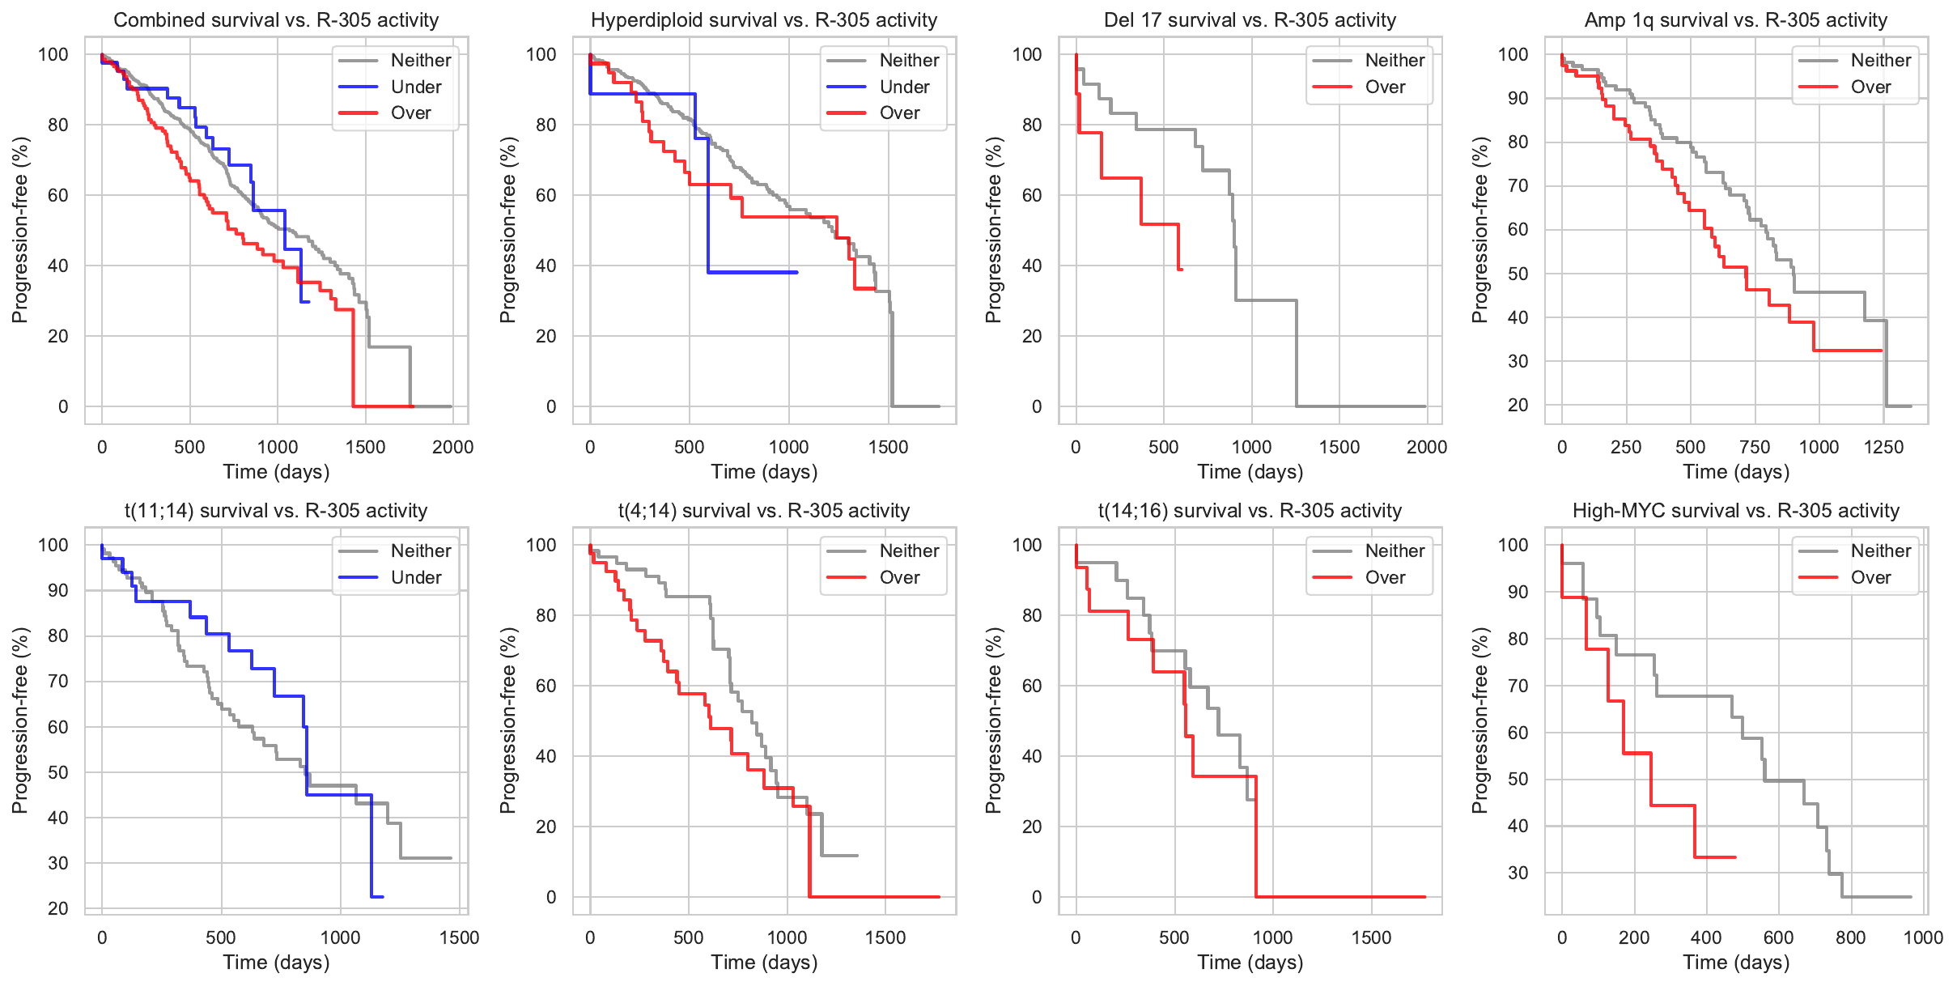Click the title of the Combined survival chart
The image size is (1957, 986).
(276, 20)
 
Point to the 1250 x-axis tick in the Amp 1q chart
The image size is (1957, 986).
(1883, 447)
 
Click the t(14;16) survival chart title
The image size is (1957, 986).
(1250, 511)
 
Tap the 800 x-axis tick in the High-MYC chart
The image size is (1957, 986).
(1851, 937)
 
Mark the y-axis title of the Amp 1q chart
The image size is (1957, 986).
(1480, 230)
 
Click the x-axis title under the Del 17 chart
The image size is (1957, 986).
(1250, 472)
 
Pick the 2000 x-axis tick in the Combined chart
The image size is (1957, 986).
(452, 447)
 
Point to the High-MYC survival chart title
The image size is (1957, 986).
(1735, 511)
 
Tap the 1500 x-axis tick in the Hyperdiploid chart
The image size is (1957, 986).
(889, 447)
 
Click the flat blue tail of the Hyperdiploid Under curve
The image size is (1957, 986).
(753, 272)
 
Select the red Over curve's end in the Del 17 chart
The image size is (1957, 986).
(1182, 269)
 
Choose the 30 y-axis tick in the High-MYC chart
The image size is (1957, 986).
(1518, 873)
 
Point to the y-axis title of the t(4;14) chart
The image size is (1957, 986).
(508, 720)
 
